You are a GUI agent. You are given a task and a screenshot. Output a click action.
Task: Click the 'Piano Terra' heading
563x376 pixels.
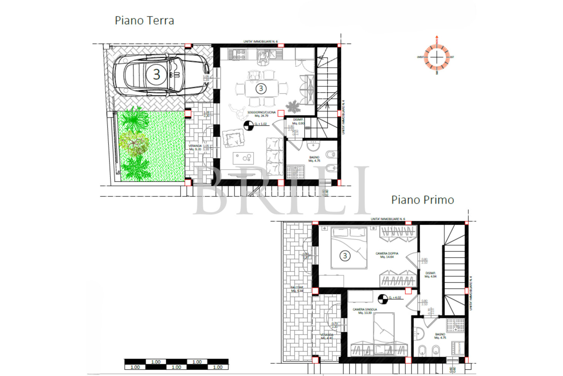click(144, 20)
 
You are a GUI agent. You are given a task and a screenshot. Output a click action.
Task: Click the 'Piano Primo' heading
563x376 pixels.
click(422, 200)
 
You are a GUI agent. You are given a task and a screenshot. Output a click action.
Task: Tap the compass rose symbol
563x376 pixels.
click(437, 57)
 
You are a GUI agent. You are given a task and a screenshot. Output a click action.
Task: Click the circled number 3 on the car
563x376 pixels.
click(157, 74)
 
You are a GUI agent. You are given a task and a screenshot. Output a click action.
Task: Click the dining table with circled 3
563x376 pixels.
click(261, 89)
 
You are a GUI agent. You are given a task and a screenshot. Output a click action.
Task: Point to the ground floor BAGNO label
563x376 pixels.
click(314, 159)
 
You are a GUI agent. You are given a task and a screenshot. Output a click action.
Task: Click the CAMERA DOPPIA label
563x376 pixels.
click(387, 255)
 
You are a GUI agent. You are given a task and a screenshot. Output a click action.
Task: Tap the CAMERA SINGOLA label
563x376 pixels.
click(364, 311)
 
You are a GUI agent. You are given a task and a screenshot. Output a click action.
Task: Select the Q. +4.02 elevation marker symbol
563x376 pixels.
click(382, 299)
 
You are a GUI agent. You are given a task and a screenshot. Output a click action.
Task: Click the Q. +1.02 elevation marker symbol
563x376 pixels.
click(248, 126)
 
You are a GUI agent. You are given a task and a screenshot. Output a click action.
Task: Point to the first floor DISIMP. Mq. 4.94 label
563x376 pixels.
click(430, 274)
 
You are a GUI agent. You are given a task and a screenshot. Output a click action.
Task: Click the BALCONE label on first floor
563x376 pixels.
click(297, 289)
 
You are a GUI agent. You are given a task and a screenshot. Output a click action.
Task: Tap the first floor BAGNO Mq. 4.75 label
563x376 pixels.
click(440, 336)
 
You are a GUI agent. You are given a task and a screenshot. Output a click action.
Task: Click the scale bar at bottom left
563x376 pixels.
click(176, 364)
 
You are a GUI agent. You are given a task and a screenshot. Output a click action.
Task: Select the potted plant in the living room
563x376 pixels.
click(293, 107)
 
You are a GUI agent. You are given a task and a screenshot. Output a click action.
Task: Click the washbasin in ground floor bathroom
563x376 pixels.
click(313, 146)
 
